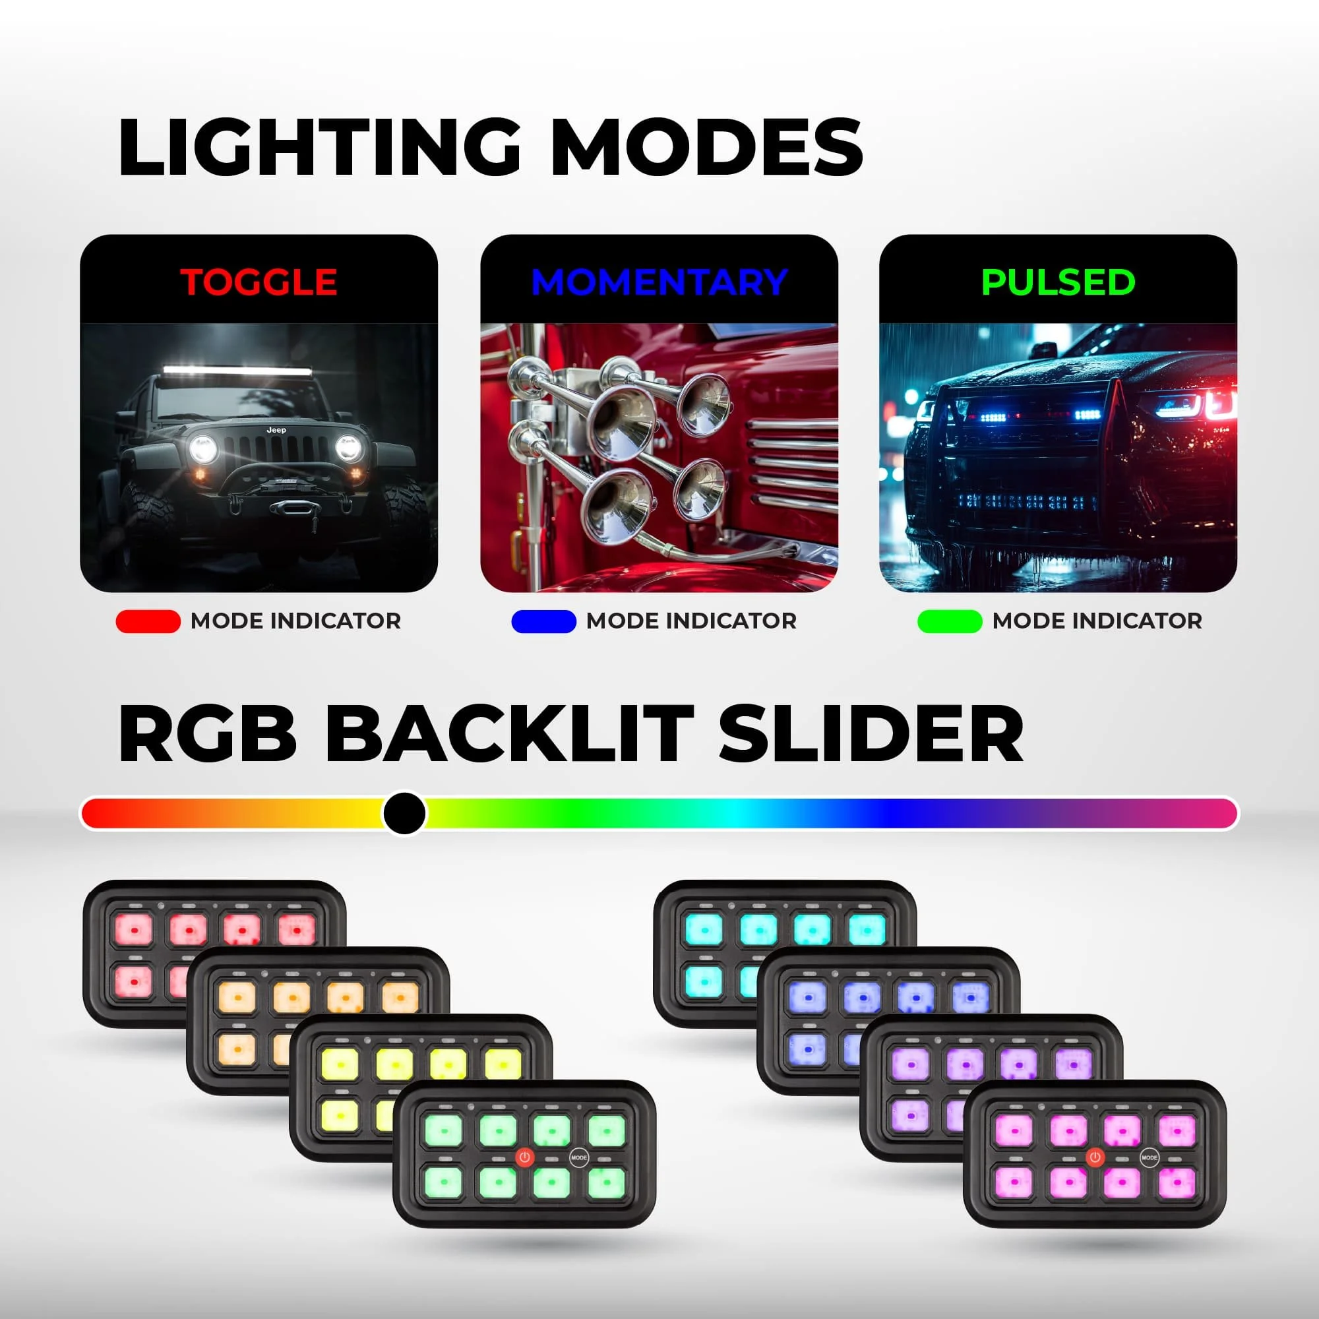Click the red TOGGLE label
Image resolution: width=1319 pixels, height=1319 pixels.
pos(259,282)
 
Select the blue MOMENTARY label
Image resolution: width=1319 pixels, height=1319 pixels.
pos(659,282)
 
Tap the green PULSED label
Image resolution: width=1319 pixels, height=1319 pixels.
pos(1058,282)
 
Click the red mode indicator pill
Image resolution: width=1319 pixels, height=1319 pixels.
pos(148,621)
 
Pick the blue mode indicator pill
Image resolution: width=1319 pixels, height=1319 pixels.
pos(543,621)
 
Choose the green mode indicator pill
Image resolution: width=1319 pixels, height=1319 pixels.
pos(949,621)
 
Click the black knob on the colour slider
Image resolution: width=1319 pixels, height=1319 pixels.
pos(404,813)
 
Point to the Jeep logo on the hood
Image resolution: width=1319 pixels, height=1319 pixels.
pos(276,430)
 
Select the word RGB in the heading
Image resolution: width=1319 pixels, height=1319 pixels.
pos(208,735)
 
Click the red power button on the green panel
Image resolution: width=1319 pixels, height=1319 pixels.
pos(524,1157)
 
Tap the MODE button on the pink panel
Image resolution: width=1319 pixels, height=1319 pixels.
pos(1150,1157)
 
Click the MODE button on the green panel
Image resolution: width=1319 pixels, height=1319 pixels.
pos(579,1157)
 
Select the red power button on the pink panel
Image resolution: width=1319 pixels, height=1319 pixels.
pos(1095,1157)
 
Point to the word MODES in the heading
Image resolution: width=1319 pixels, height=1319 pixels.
pos(706,148)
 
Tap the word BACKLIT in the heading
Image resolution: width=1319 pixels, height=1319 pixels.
pos(509,735)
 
